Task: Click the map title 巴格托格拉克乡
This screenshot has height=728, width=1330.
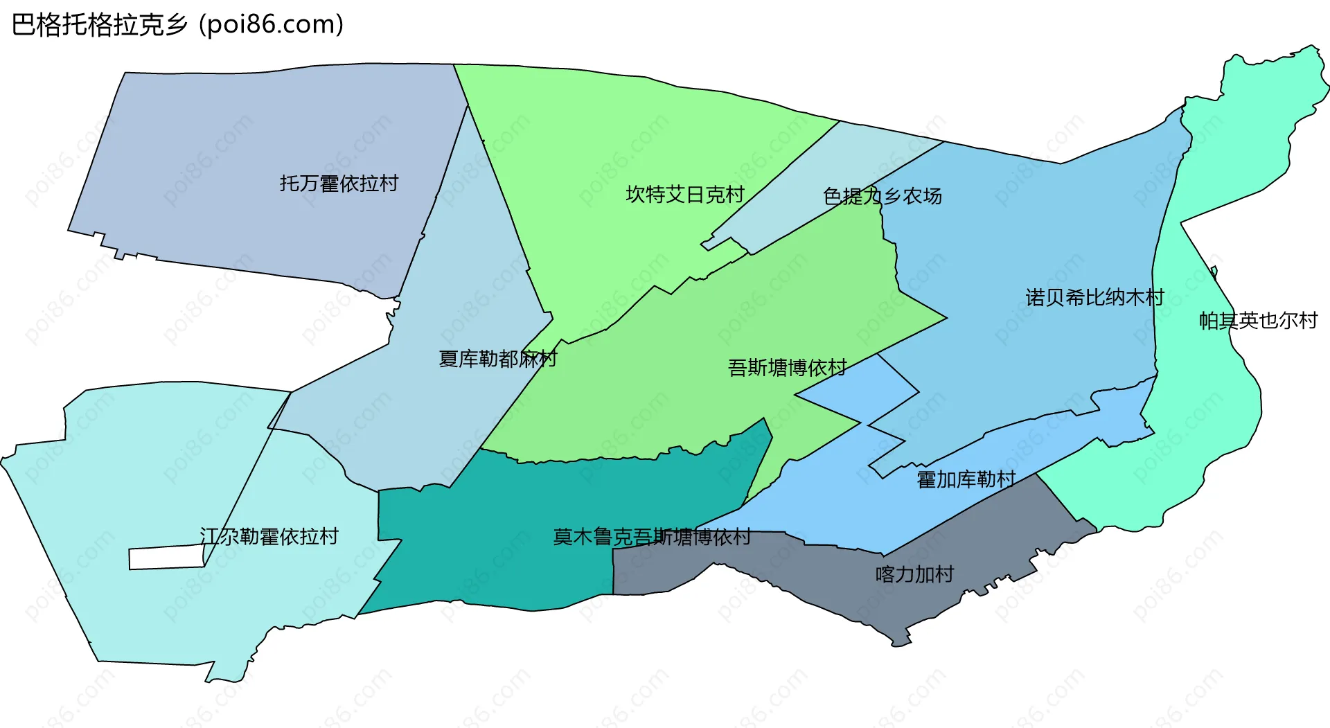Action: point(100,25)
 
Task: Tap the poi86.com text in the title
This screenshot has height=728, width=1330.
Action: point(271,25)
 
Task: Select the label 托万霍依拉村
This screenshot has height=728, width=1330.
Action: point(339,184)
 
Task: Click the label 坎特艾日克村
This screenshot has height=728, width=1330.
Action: point(684,195)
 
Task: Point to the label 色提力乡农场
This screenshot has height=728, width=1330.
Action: point(882,197)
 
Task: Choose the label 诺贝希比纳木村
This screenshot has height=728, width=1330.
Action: point(1094,298)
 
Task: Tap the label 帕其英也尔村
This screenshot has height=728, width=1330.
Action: point(1257,321)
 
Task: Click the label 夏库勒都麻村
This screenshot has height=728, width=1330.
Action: point(497,359)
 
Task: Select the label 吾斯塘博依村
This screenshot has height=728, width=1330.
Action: point(787,368)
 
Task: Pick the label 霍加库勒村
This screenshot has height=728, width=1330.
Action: point(966,479)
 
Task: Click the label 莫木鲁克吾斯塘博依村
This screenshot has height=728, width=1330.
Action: point(651,537)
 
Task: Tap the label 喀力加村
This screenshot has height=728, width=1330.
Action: point(914,574)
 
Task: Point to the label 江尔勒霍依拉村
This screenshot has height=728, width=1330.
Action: point(269,537)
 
